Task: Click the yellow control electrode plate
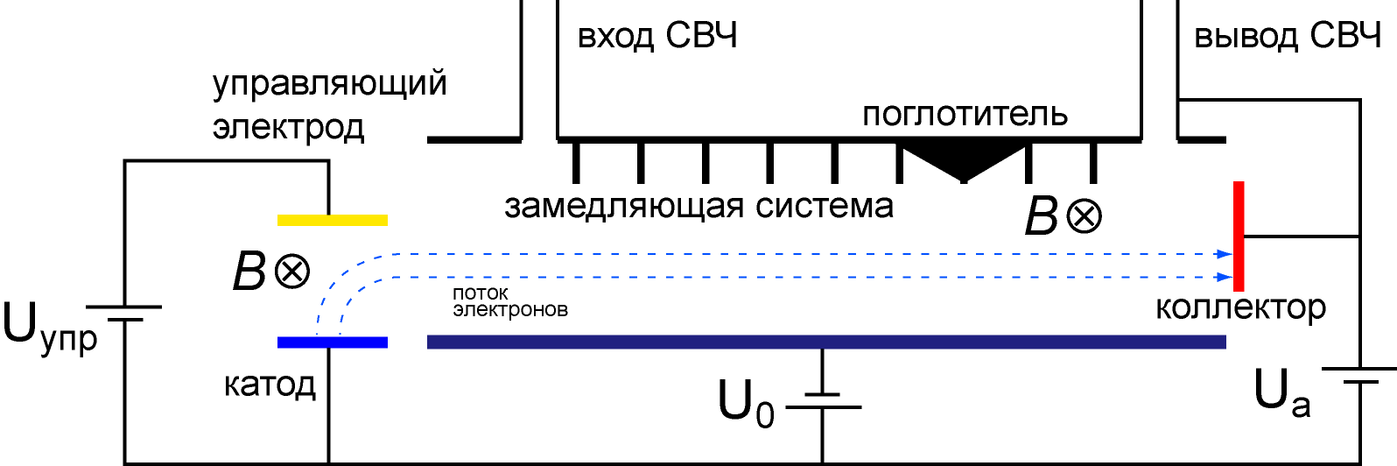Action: (333, 220)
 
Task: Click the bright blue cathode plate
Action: (333, 342)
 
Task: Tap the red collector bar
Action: (1239, 237)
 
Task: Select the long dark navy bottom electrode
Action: (826, 342)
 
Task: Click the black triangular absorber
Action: (964, 159)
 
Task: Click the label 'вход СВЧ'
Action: (657, 36)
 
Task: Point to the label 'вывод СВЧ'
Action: (1288, 36)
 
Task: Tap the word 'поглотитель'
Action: (965, 114)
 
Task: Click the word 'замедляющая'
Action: (623, 207)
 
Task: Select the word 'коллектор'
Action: (1240, 307)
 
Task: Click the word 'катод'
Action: (270, 385)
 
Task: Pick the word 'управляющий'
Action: (329, 83)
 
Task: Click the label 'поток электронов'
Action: (510, 301)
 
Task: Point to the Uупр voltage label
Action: (50, 328)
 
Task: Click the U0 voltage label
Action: (746, 402)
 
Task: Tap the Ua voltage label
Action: (1281, 392)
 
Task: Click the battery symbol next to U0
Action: (823, 400)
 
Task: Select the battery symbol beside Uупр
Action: (123, 314)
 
